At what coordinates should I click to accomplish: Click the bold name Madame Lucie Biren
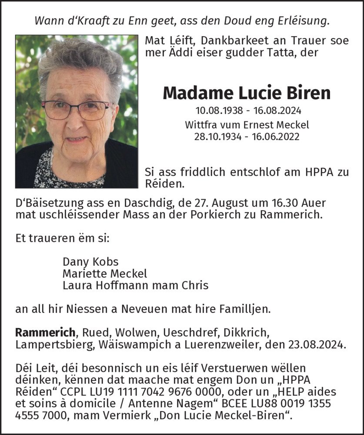pos(247,93)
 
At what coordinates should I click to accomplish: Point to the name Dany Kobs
pos(90,262)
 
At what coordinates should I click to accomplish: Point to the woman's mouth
pos(76,139)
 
